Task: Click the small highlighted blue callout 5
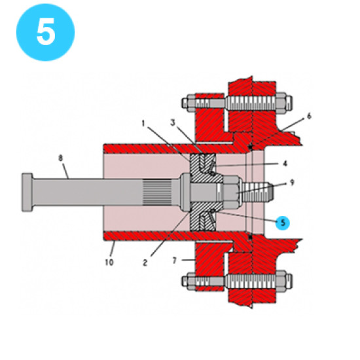point(282,222)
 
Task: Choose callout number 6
point(308,117)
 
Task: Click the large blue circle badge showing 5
point(45,32)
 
